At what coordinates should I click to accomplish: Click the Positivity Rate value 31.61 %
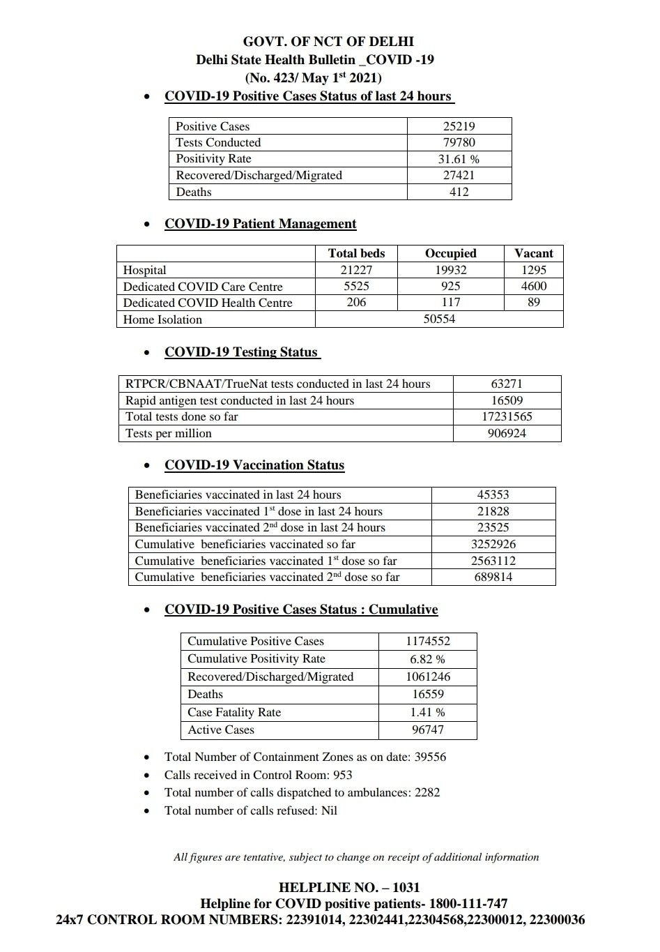click(x=459, y=159)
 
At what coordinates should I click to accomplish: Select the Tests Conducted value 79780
click(x=459, y=142)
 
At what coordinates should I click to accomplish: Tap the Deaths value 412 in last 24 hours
click(x=459, y=192)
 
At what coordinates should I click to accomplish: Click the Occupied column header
click(x=450, y=253)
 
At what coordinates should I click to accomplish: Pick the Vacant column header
click(x=533, y=253)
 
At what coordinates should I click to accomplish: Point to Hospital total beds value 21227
click(x=356, y=270)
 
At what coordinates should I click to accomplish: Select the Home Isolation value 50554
click(x=439, y=319)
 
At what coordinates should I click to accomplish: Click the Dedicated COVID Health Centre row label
click(x=208, y=303)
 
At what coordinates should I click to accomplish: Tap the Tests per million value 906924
click(x=507, y=433)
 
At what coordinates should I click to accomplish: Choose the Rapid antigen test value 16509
click(x=507, y=400)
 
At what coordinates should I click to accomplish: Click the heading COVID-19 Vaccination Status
click(x=254, y=465)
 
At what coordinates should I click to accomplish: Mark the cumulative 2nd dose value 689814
click(x=493, y=577)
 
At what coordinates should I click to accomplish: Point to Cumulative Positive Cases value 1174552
click(x=427, y=641)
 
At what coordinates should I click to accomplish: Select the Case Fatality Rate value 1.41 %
click(x=427, y=712)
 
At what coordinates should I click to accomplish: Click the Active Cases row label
click(x=221, y=730)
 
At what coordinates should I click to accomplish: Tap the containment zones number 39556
click(x=430, y=757)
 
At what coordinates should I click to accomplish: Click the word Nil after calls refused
click(x=329, y=810)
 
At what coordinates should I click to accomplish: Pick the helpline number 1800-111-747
click(x=468, y=904)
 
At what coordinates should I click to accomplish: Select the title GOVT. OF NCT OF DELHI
click(x=328, y=42)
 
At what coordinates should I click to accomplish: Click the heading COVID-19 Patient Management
click(x=260, y=224)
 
